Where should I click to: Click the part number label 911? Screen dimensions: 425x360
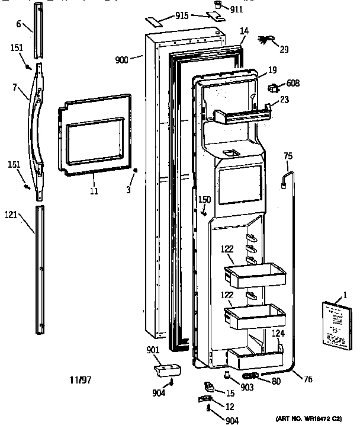tap(237, 10)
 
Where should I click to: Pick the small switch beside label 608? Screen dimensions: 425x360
tap(274, 90)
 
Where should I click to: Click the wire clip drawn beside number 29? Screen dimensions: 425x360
tap(265, 40)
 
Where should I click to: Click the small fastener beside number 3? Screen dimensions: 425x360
tap(136, 171)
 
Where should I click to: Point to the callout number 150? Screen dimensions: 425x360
tap(204, 199)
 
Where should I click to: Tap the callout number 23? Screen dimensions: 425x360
tap(285, 101)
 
